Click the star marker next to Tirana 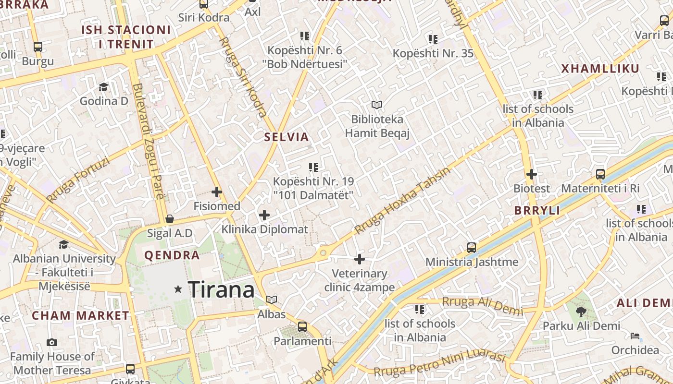pos(178,289)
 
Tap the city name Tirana pos(221,289)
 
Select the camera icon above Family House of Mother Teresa pos(52,342)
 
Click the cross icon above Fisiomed pos(217,192)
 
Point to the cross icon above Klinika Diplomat pos(264,215)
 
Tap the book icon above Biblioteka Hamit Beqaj pos(377,105)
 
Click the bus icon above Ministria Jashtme pos(472,248)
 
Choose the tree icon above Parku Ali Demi pos(581,312)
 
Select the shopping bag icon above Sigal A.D pos(169,219)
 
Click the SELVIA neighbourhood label pos(287,137)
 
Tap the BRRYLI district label pos(537,211)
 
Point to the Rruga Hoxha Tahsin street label pos(403,201)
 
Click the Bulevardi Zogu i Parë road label pos(148,141)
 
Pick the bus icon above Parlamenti pos(302,327)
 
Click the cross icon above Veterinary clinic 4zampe pos(360,259)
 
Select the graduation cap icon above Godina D pos(103,87)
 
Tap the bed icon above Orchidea pos(635,336)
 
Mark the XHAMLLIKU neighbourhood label pos(600,69)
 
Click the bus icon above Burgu pos(38,47)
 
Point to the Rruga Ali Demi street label pos(482,305)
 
